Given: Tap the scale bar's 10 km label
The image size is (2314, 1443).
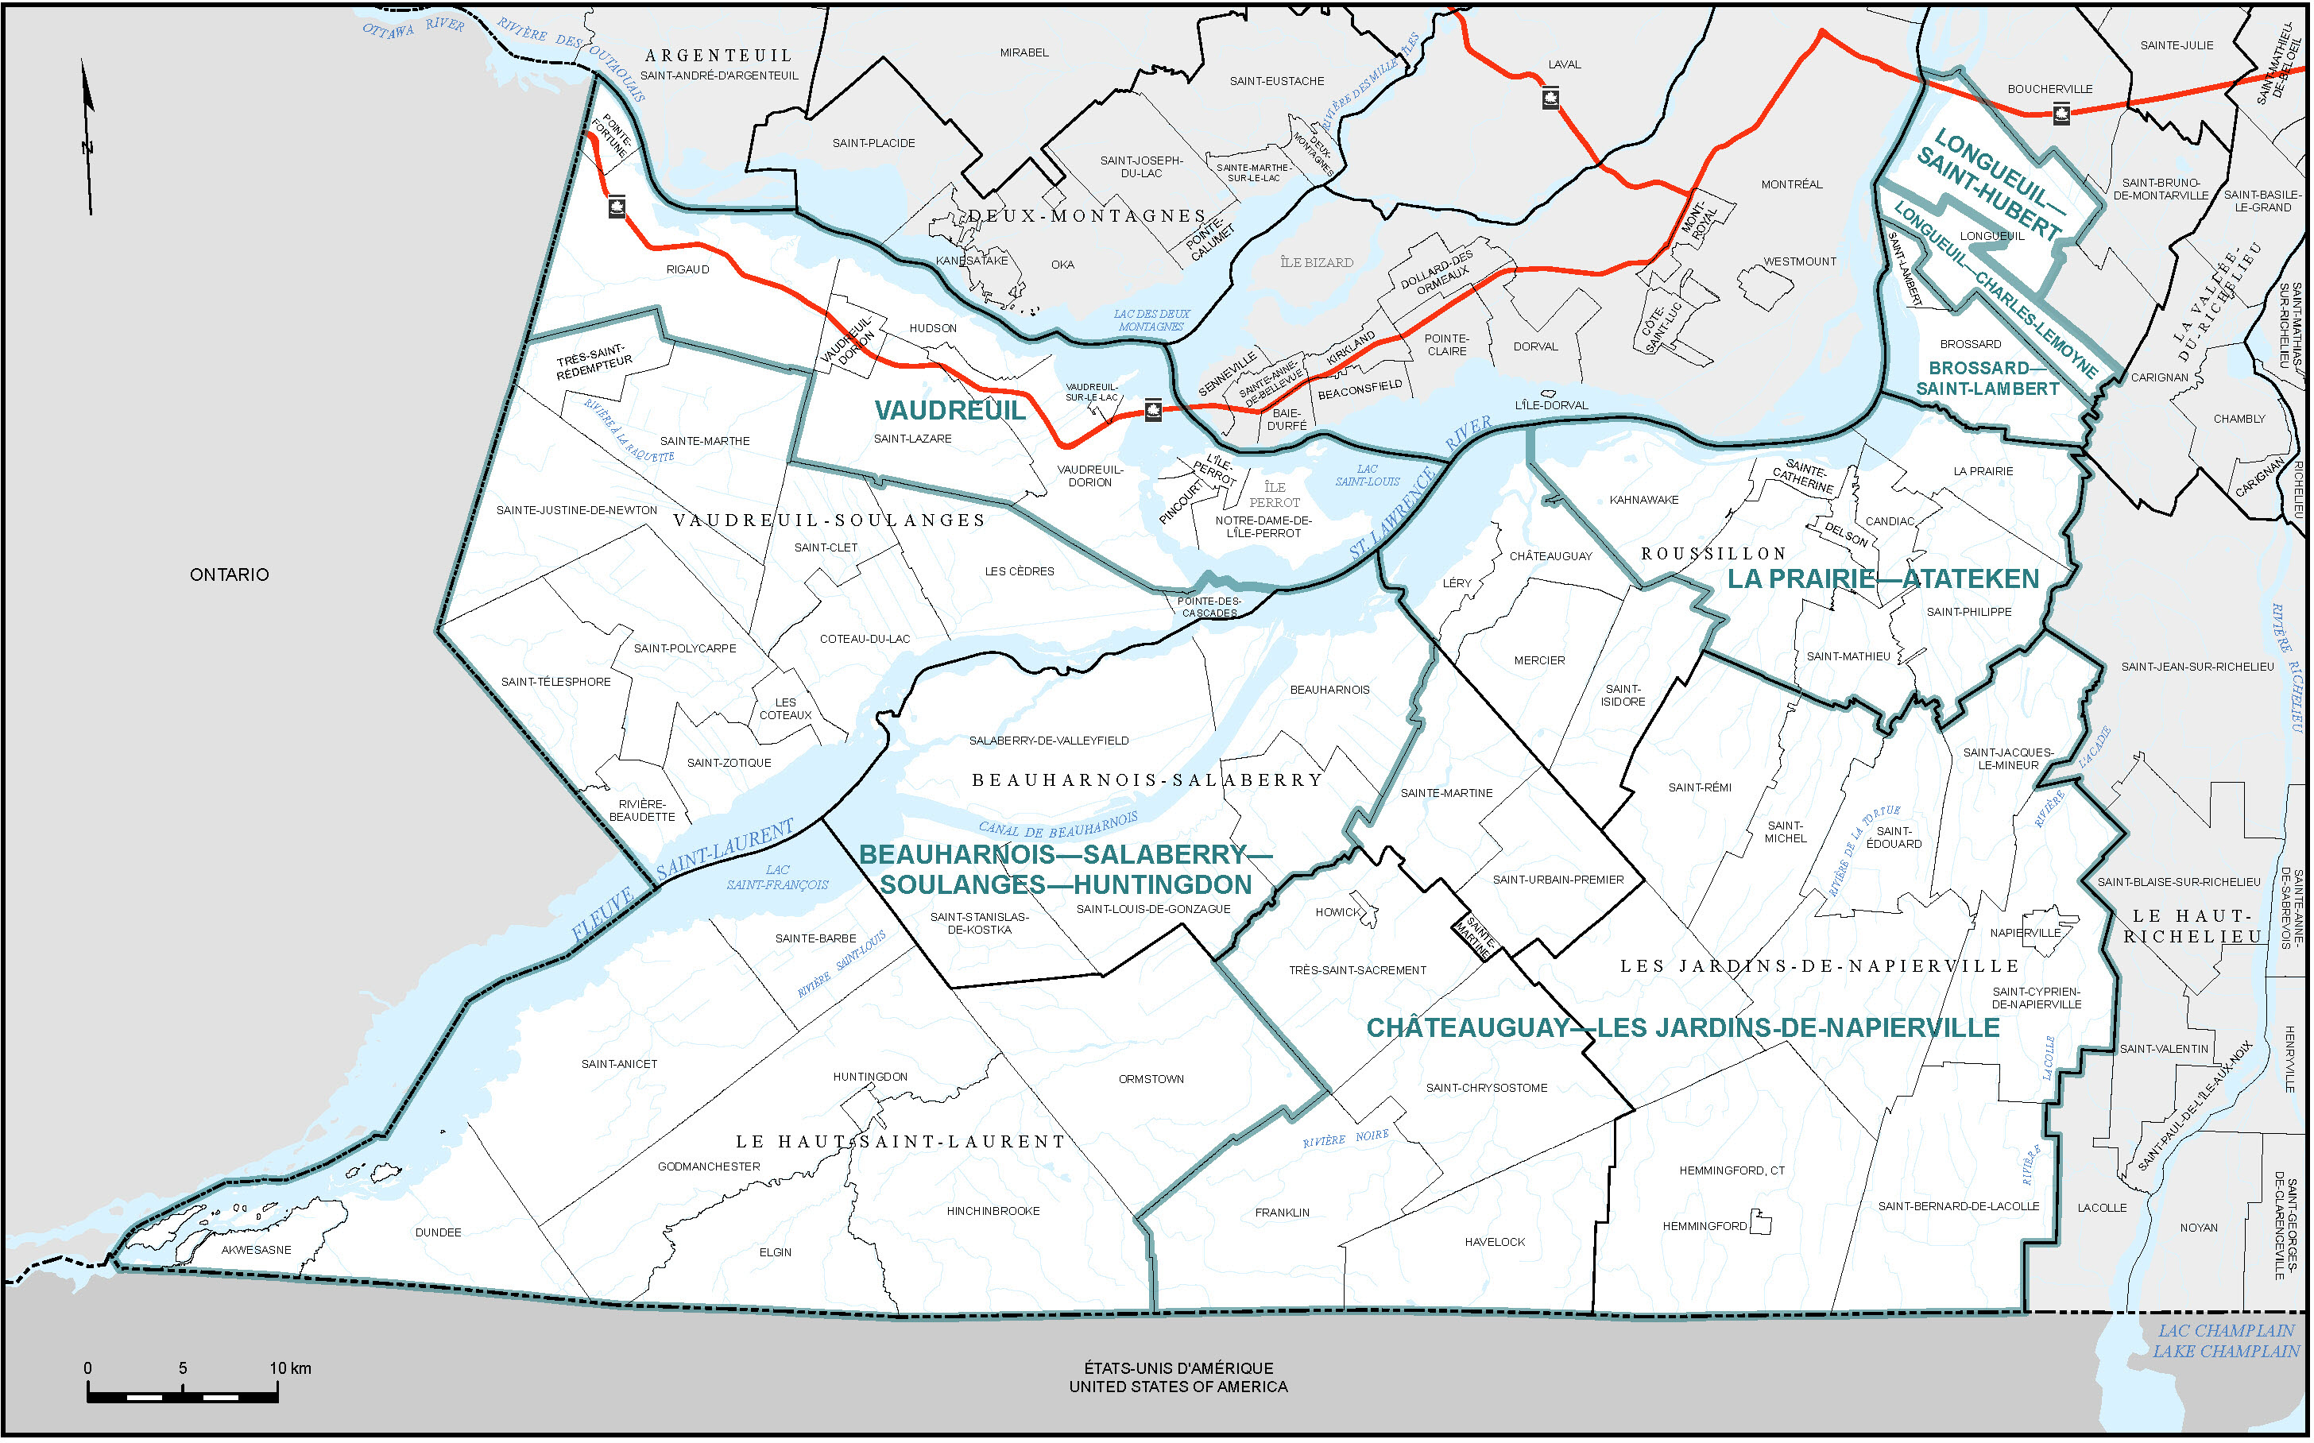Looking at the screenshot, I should (x=290, y=1368).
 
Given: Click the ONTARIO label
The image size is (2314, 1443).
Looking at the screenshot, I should (x=229, y=574).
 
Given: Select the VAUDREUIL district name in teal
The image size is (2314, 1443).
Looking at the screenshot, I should (x=950, y=412).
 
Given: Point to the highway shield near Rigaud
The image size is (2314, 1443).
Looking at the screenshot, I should (x=617, y=207).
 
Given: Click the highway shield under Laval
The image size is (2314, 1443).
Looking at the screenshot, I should (x=1550, y=99).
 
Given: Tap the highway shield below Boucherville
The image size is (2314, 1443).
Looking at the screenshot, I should (x=2061, y=114).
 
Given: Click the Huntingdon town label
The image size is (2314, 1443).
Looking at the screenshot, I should (x=869, y=1077).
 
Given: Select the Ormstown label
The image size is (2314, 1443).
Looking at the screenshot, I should (x=1151, y=1079).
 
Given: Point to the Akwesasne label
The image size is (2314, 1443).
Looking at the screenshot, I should (x=256, y=1250).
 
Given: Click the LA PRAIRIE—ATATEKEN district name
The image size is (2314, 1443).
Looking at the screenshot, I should (x=1883, y=579).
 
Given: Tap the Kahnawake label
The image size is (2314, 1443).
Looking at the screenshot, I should (x=1643, y=500).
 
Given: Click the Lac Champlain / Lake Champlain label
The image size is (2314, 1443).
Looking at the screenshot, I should (x=2225, y=1340).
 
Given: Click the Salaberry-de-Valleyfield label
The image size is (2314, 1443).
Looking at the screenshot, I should (x=1049, y=741).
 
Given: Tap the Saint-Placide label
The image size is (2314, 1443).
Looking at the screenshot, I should (x=873, y=143).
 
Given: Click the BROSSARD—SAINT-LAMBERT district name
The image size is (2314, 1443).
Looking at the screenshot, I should (x=1987, y=379).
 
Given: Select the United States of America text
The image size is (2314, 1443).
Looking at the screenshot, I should (x=1178, y=1387).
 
